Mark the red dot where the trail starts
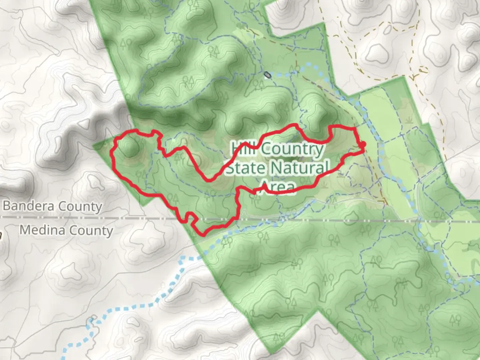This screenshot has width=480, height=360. pos(363,144)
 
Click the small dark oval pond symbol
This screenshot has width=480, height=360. pos(267,75)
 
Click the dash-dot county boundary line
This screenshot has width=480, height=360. pos(333,220)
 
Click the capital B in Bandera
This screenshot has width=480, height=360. pos(6,206)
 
